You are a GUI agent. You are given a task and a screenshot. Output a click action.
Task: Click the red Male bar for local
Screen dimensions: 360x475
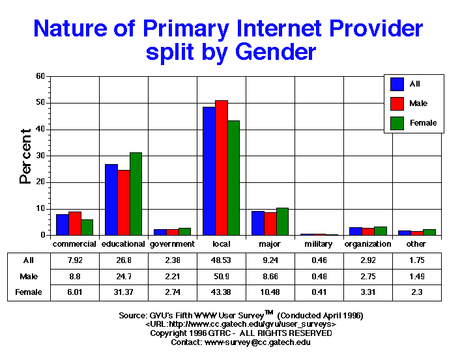click(222, 167)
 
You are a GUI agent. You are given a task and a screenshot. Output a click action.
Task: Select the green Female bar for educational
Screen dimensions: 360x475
click(136, 193)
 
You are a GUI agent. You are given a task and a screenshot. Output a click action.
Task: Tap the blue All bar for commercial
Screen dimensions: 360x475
click(62, 225)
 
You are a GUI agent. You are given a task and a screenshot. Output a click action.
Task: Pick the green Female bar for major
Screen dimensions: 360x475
click(282, 221)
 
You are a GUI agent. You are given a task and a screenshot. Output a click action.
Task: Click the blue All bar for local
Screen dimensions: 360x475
click(209, 171)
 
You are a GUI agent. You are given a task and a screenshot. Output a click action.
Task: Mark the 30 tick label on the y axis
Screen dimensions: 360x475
click(40, 156)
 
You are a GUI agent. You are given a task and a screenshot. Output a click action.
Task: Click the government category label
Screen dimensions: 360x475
click(172, 244)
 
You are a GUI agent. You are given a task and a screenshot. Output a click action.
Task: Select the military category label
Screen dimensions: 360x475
click(319, 244)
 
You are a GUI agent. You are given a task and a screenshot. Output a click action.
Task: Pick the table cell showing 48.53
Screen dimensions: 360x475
click(221, 260)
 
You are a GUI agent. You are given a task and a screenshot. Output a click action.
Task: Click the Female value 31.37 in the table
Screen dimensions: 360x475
click(123, 292)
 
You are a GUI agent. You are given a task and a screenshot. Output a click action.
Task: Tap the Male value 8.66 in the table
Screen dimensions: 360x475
click(270, 276)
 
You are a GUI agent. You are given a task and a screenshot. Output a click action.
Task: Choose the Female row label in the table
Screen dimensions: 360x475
click(29, 292)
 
